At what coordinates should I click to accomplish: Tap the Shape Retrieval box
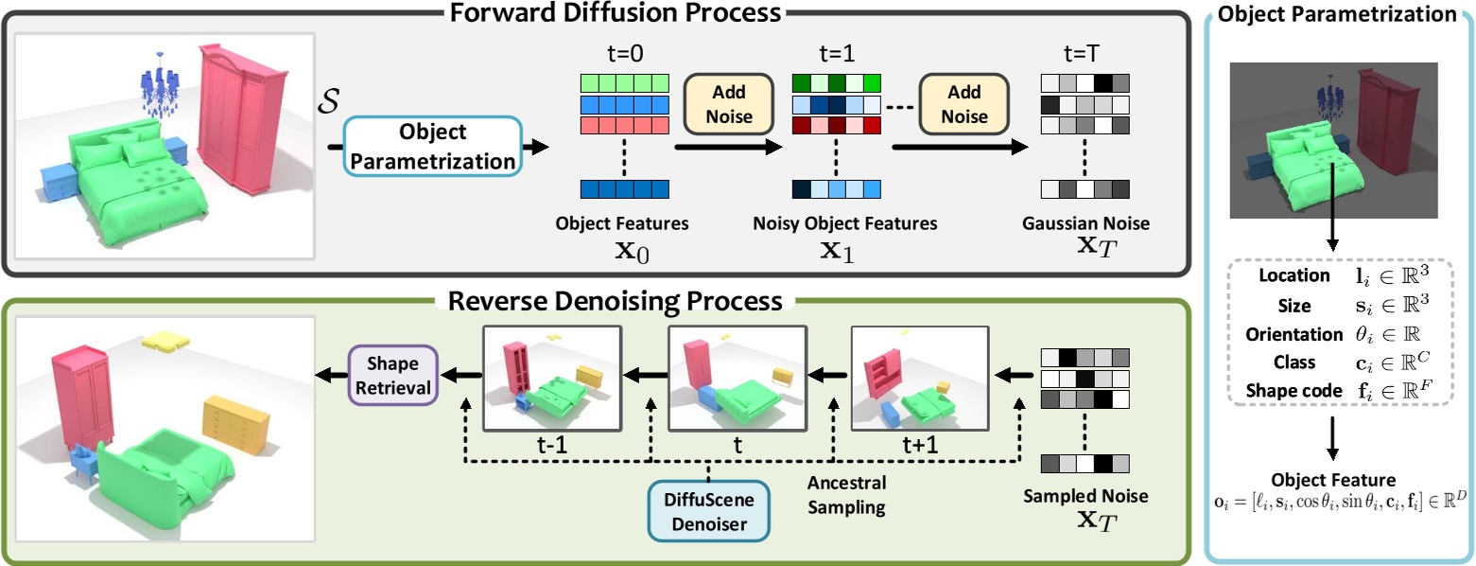click(x=391, y=375)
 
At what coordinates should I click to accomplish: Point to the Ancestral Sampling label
click(x=846, y=494)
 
